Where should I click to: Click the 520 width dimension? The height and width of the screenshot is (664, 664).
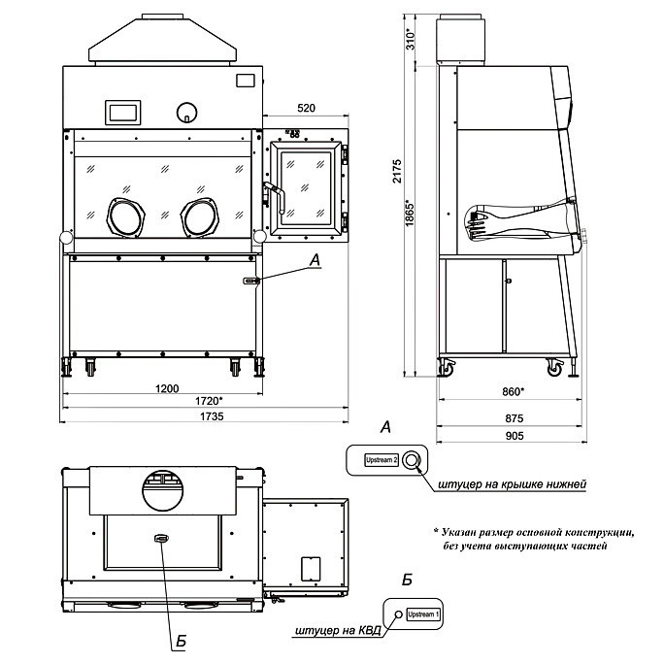[306, 108]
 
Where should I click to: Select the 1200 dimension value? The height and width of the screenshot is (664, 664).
[167, 388]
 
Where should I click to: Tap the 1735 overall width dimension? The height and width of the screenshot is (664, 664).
[212, 416]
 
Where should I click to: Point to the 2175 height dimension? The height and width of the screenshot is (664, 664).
[397, 171]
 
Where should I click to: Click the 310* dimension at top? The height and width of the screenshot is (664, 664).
[411, 39]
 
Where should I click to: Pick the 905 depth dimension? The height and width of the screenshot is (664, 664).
[515, 436]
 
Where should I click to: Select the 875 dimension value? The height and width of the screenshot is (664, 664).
[515, 418]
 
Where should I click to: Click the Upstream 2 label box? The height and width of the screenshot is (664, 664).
[382, 460]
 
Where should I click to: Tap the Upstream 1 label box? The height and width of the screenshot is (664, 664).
[423, 614]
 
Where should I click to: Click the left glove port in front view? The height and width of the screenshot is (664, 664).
[126, 217]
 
